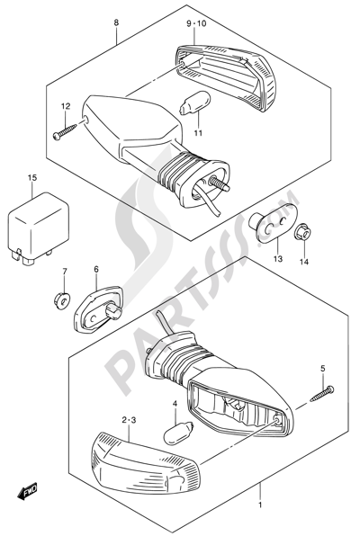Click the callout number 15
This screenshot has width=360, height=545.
coord(32,178)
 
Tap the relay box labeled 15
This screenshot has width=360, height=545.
coord(38,229)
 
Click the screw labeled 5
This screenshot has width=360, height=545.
coord(321,395)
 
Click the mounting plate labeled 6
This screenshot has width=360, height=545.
coord(98,308)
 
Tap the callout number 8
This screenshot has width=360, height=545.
coord(116,23)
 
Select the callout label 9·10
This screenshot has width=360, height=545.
coord(196,23)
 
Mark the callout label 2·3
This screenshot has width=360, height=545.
coord(129,421)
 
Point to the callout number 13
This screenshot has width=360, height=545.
coord(278,259)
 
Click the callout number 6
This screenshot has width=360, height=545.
coord(96,269)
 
